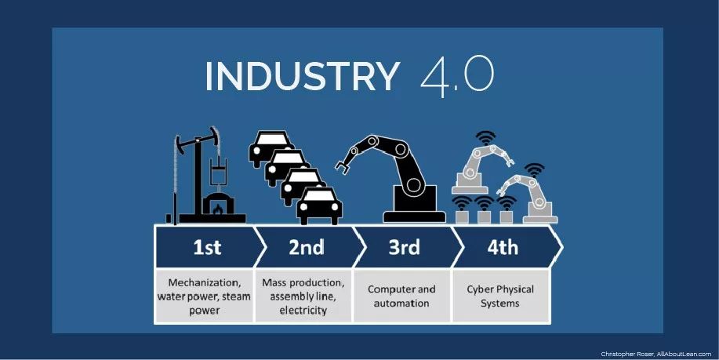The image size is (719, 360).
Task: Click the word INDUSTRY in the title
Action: click(303, 75)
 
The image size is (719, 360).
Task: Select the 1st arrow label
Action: click(207, 248)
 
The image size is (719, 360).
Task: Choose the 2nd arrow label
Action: click(307, 248)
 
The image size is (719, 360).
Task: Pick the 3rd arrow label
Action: click(404, 248)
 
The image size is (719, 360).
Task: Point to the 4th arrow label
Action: click(503, 248)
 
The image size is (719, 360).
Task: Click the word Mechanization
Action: click(204, 282)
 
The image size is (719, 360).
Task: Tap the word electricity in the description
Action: click(303, 311)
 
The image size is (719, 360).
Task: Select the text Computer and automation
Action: click(401, 296)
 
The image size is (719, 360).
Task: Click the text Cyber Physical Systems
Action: click(500, 296)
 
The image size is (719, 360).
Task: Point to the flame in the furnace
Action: click(218, 209)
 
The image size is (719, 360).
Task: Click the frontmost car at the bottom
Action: click(319, 206)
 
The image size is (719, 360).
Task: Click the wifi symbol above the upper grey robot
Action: click(485, 137)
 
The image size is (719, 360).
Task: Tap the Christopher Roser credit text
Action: click(655, 354)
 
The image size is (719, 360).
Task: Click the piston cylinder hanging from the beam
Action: click(217, 170)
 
